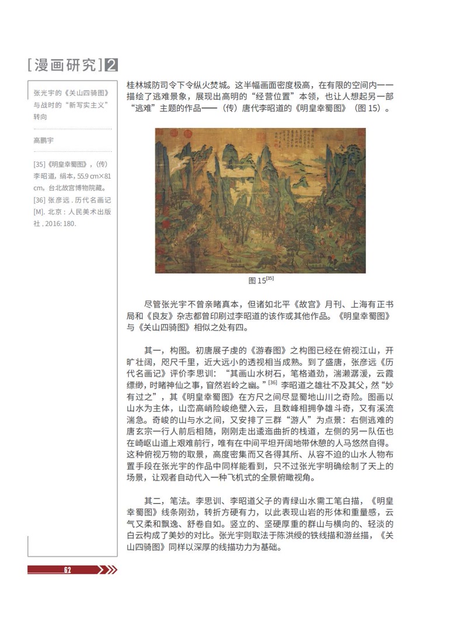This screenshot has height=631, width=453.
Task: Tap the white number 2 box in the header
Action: tap(111, 65)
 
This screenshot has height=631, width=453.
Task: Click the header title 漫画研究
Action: tap(65, 65)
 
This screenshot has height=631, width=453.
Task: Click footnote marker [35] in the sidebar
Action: tap(40, 164)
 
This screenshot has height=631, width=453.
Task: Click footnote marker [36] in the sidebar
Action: tap(40, 200)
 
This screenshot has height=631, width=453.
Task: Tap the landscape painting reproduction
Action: tap(260, 200)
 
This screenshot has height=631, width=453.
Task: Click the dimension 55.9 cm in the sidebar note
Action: tap(85, 176)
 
